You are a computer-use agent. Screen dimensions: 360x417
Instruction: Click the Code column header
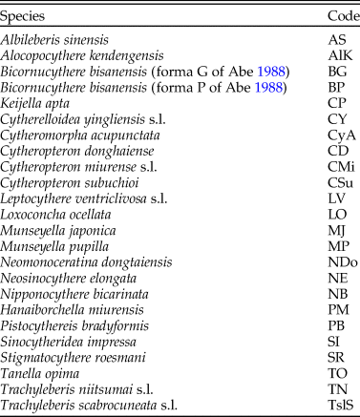point(331,16)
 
